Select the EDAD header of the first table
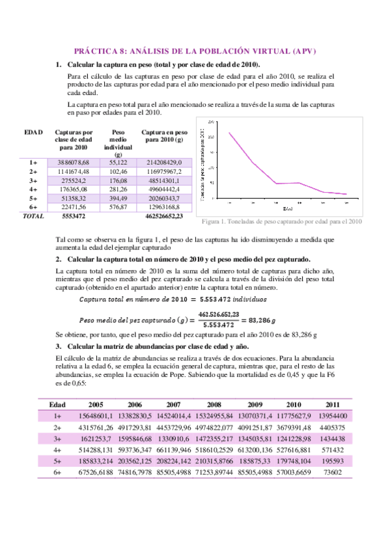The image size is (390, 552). [33, 131]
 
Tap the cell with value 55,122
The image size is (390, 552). [117, 161]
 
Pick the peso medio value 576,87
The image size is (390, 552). [117, 207]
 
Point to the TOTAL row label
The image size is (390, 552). [33, 215]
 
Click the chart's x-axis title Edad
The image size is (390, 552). [287, 209]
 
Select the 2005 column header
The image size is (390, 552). [96, 404]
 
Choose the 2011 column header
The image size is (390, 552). [332, 404]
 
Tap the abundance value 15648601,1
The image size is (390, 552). [96, 416]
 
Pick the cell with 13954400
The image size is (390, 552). [332, 416]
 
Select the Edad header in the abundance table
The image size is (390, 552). [57, 404]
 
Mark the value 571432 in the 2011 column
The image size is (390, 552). [332, 450]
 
